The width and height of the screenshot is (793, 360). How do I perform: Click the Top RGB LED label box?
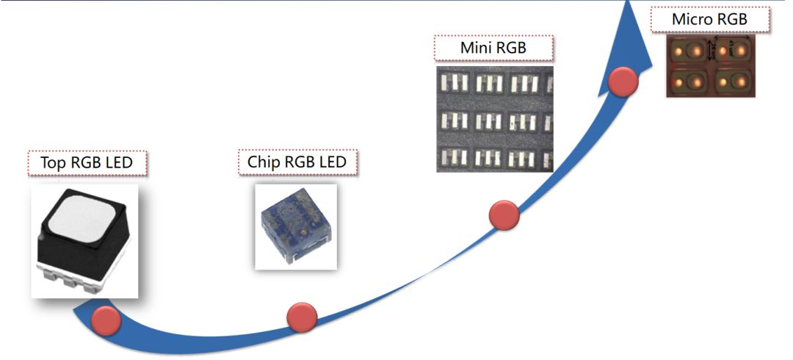[x=87, y=163]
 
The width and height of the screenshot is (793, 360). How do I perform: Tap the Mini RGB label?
[x=493, y=48]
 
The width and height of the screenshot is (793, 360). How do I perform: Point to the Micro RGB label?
[x=709, y=19]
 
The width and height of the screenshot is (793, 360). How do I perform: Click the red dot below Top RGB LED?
[x=106, y=321]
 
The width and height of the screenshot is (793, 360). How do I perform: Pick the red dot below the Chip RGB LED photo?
[x=301, y=316]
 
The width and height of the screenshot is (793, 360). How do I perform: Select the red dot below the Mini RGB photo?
[x=504, y=215]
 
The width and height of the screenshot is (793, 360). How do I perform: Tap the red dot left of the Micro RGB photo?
[x=623, y=81]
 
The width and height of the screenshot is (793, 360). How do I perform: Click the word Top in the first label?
[x=54, y=163]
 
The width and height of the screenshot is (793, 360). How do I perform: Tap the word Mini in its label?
[x=475, y=48]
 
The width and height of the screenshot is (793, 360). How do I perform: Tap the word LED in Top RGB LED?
[x=118, y=163]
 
